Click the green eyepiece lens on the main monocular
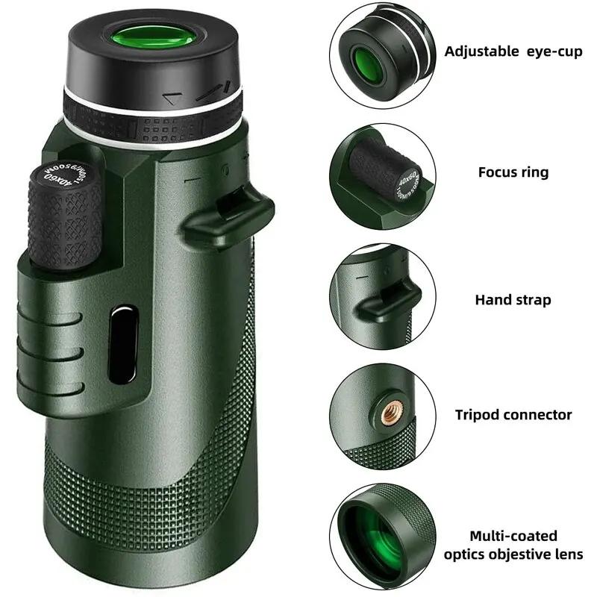(154, 39)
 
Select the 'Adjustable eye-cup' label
(513, 51)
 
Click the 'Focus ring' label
(513, 172)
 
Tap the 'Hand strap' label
(513, 300)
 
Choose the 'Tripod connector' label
(513, 414)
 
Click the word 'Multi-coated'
(513, 536)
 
